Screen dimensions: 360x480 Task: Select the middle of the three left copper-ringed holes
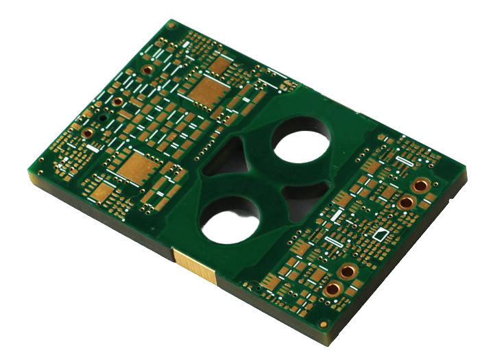coord(118,101)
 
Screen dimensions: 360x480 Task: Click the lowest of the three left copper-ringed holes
coord(88,133)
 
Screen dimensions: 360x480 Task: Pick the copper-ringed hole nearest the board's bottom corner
coord(335,288)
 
